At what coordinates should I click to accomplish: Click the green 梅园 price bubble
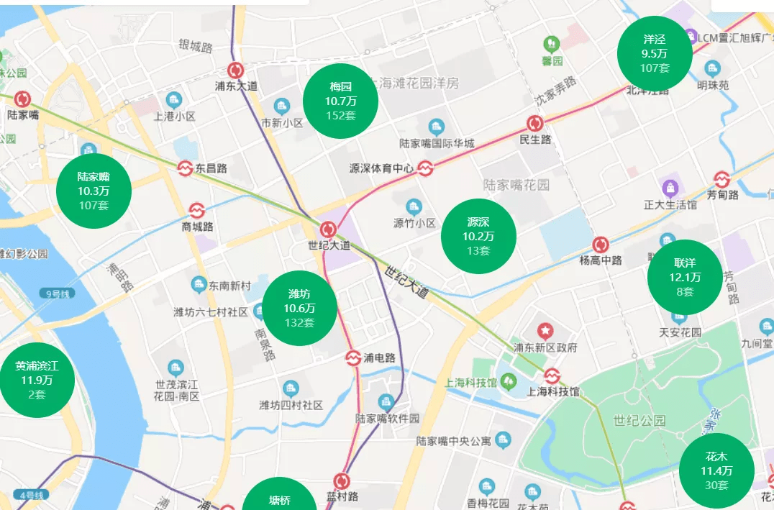pos(340,100)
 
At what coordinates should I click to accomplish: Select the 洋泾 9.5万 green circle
pos(655,54)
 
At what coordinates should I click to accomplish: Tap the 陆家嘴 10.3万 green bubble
pos(94,191)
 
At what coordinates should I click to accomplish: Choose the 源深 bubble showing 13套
pos(478,235)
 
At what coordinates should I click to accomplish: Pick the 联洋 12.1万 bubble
pos(685,277)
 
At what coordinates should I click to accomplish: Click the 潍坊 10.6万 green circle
pos(299,308)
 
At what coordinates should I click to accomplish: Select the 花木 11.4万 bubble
pos(716,470)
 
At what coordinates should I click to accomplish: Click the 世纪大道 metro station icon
pos(329,229)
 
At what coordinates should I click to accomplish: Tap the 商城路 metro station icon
pos(197,210)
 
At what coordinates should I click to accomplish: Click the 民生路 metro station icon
pos(534,123)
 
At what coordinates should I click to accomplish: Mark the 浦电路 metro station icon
pos(353,358)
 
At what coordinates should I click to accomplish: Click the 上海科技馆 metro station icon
pos(552,375)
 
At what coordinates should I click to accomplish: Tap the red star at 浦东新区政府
pos(546,331)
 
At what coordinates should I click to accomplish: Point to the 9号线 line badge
pos(56,293)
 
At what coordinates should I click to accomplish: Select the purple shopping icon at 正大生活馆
pos(670,188)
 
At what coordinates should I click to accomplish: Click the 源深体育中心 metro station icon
pos(425,168)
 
